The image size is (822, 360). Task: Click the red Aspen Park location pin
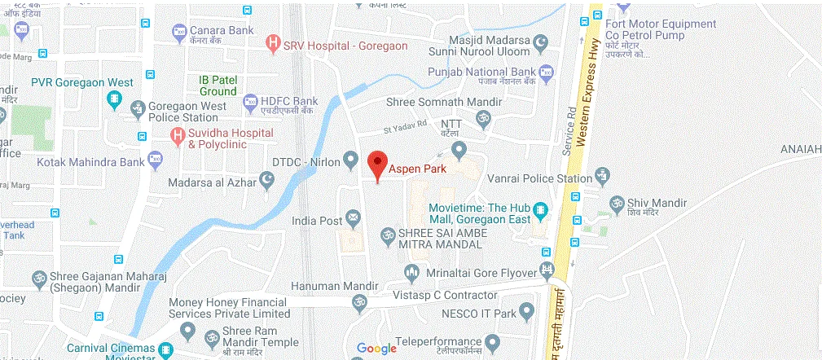376,164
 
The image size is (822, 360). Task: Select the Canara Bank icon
179,33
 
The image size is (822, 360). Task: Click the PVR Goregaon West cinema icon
115,99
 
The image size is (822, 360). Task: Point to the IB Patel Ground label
219,86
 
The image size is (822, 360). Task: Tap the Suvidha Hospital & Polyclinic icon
175,135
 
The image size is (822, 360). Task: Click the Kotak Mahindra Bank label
79,162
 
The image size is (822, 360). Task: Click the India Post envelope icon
353,217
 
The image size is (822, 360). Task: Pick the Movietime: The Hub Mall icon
538,213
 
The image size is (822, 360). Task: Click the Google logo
376,349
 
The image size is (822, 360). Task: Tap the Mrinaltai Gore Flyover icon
411,271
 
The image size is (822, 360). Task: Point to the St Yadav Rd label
406,128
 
